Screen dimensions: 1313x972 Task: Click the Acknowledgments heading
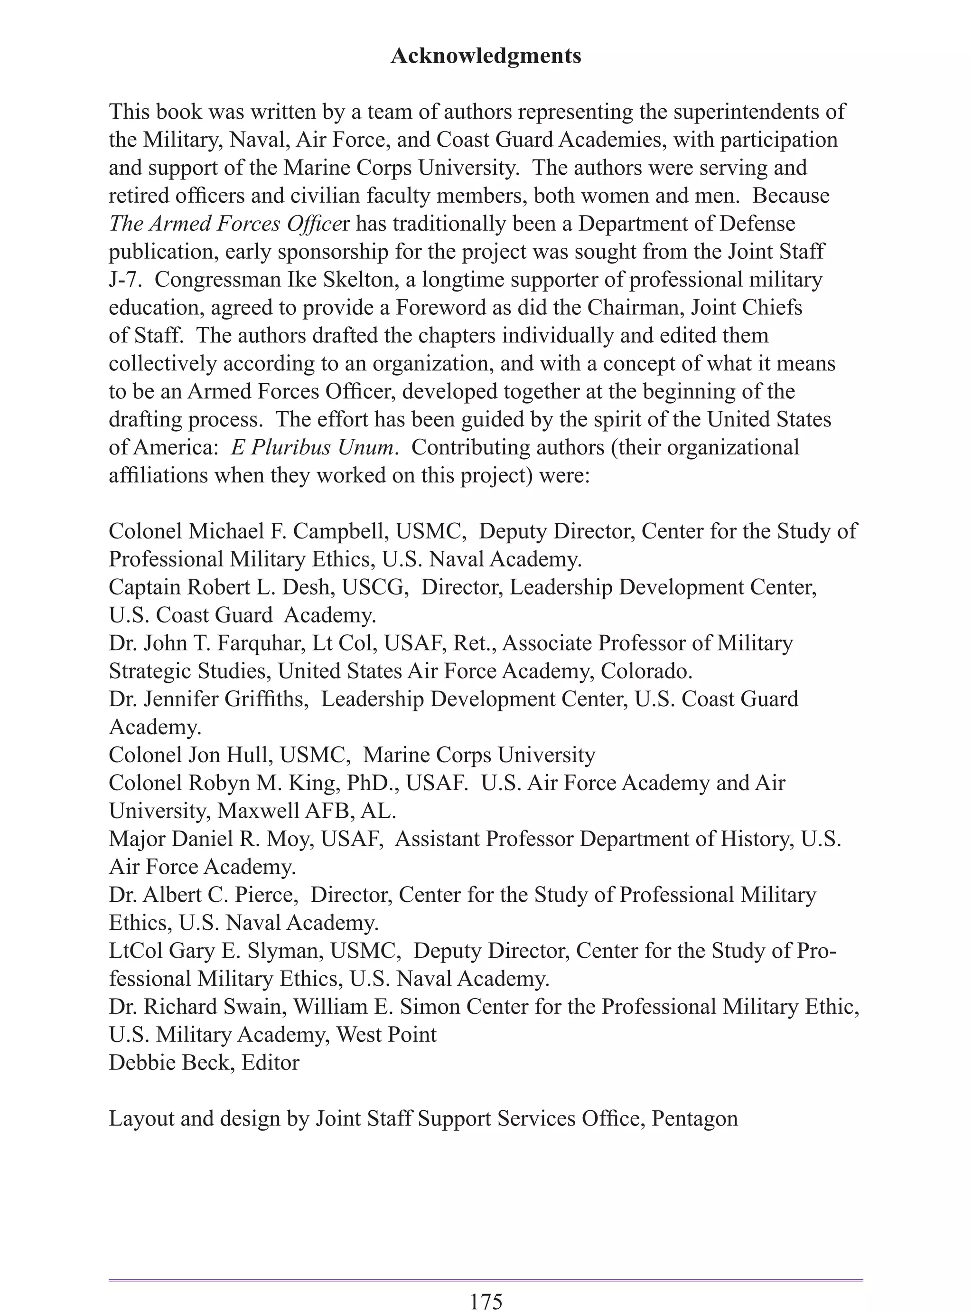tap(486, 57)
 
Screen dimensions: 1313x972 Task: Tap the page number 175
tap(486, 1301)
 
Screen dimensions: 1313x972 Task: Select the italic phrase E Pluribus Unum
tap(312, 448)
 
